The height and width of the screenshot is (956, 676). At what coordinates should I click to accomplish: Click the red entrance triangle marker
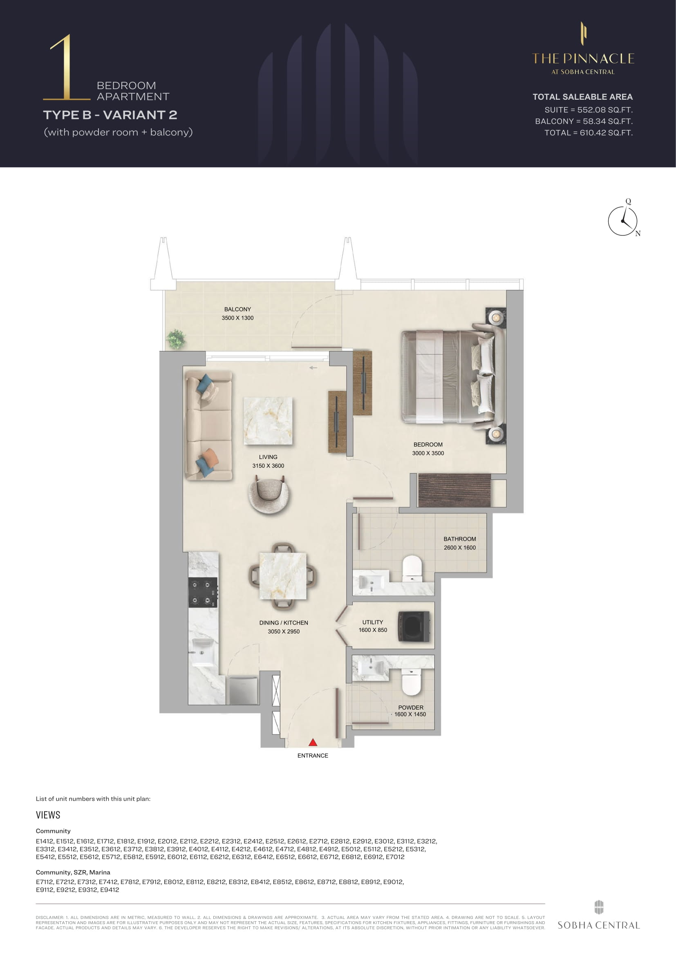coord(313,742)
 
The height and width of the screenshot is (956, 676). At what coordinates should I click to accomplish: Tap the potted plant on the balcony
coord(176,339)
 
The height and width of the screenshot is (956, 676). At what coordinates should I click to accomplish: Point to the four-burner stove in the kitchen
coord(203,592)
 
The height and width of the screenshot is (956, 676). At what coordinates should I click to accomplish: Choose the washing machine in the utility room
coord(414,626)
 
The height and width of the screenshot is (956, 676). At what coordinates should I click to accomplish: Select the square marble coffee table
coord(268,421)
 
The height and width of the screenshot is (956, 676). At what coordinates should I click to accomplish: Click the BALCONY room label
coord(238,309)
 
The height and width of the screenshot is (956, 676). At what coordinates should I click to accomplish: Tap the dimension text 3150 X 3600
coord(268,466)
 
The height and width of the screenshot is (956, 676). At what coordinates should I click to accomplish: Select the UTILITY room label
coord(373,622)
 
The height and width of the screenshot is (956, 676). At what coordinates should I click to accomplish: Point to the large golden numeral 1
coord(67,67)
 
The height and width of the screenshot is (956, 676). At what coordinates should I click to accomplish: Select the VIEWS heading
coord(48,815)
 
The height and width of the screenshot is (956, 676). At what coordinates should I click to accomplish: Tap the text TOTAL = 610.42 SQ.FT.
coord(589,133)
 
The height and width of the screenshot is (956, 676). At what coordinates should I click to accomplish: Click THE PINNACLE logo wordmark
coord(583,59)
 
